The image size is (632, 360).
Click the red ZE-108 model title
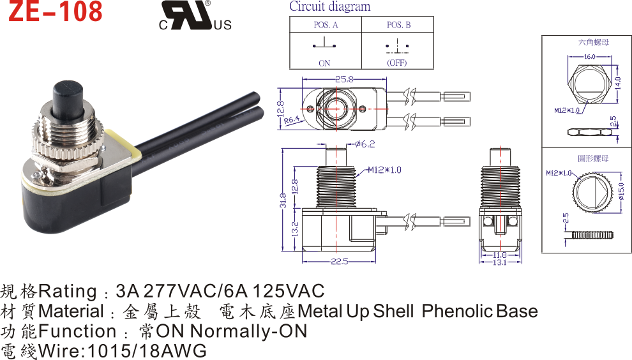56,11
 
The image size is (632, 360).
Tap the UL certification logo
195,15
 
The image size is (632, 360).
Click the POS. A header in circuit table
326,25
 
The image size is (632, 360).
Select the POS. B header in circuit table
398,25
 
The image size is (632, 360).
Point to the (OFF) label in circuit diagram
397,63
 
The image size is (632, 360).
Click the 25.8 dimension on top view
344,79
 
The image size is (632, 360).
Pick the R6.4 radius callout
291,120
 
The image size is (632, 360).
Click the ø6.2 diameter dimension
365,144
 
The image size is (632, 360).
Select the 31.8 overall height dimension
283,200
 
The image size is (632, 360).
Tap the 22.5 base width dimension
340,262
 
